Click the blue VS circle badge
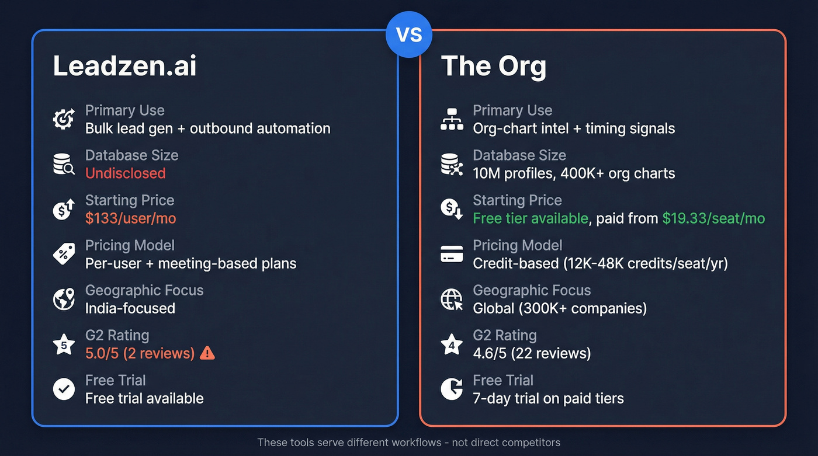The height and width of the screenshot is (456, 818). (x=408, y=34)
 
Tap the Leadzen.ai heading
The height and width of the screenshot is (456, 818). (x=125, y=65)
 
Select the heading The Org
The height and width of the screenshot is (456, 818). (x=493, y=65)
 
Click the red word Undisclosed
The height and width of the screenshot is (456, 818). (x=125, y=173)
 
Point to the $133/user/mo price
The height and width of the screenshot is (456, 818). (x=130, y=218)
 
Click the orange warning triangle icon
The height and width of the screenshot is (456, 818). (x=207, y=353)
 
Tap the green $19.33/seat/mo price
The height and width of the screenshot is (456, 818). (x=713, y=218)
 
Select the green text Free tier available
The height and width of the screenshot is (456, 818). (x=530, y=218)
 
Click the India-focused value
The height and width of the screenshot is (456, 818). (x=130, y=308)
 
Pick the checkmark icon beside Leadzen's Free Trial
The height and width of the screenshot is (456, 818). (x=64, y=389)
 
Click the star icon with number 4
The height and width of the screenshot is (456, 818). (x=452, y=344)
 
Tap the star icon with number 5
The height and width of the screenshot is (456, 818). (x=64, y=344)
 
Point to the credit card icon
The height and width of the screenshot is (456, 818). (x=452, y=255)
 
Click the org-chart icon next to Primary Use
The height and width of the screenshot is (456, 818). (x=452, y=120)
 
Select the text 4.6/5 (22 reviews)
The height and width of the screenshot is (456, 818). (x=532, y=353)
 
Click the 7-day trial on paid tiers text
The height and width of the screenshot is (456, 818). (x=548, y=398)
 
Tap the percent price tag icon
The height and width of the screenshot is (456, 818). (x=64, y=255)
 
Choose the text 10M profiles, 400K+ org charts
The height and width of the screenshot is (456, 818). (x=574, y=173)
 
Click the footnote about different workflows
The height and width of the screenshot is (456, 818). (x=408, y=443)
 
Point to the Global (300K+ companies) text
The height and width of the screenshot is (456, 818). (x=560, y=308)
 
